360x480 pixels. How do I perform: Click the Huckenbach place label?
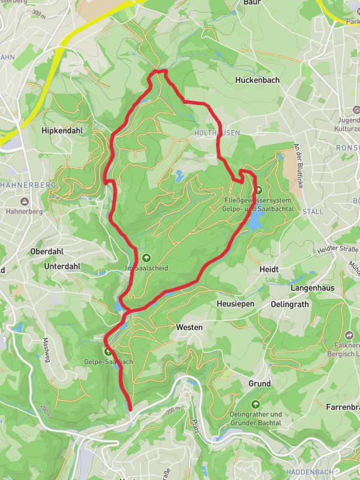(x=257, y=80)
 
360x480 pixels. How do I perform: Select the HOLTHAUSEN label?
(x=217, y=133)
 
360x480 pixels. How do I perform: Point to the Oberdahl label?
(x=47, y=251)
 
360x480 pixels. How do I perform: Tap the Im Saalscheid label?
(x=146, y=268)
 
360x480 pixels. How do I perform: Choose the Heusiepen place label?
(x=235, y=304)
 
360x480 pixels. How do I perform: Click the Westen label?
(x=190, y=328)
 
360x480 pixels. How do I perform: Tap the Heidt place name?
(x=269, y=270)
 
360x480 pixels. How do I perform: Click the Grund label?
(x=259, y=383)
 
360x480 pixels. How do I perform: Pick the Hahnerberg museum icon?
(x=23, y=201)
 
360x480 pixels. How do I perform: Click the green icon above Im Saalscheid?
(x=146, y=257)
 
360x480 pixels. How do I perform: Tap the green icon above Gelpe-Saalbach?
(x=108, y=352)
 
